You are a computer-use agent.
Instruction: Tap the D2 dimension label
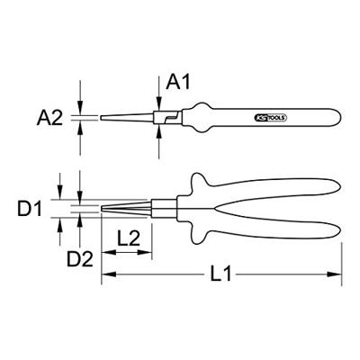(80, 261)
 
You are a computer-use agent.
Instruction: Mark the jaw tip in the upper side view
(102, 117)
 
